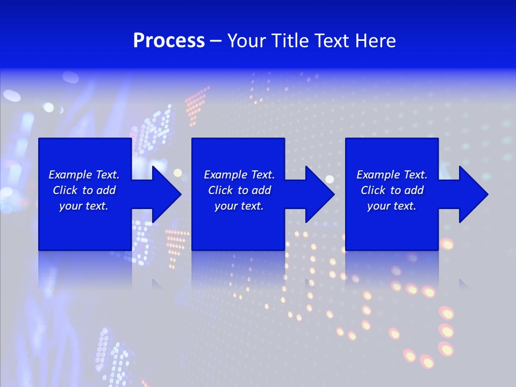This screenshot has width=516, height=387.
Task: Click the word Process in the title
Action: (x=169, y=41)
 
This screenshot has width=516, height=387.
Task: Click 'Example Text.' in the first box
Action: (x=84, y=175)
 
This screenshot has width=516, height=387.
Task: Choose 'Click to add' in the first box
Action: (x=84, y=190)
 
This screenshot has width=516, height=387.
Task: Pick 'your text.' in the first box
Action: (x=84, y=206)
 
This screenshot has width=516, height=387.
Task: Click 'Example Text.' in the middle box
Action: (x=239, y=175)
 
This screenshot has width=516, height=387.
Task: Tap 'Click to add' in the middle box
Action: (x=239, y=190)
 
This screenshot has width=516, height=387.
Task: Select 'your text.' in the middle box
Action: (x=239, y=206)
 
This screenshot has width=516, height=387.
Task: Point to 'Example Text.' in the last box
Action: (x=392, y=175)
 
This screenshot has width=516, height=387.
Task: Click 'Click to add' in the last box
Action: (x=392, y=190)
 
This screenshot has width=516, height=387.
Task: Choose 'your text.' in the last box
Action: (x=392, y=206)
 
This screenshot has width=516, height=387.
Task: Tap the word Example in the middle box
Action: (x=225, y=175)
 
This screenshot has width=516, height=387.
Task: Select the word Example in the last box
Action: (x=377, y=175)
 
